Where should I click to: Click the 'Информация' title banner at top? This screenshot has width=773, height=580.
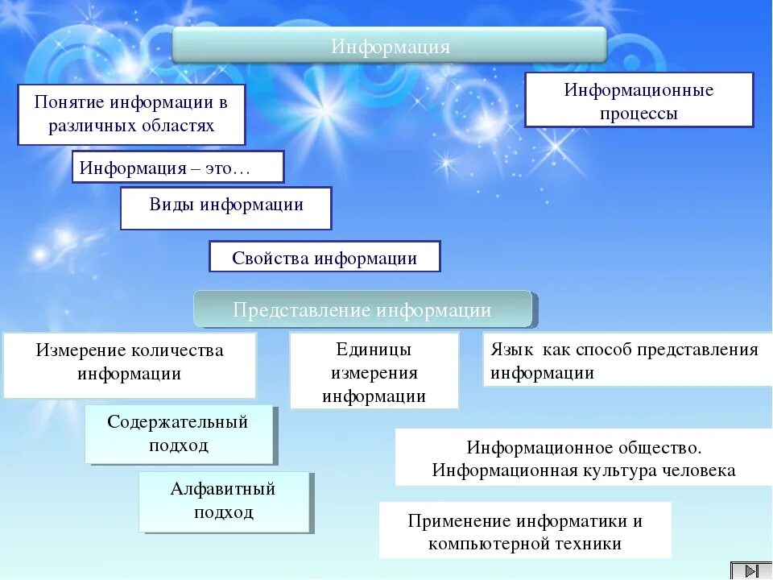coord(390,46)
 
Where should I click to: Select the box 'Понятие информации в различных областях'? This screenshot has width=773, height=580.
coord(131,114)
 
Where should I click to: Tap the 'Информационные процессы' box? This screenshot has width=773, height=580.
coord(639,100)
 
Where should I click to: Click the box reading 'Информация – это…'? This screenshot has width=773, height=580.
coord(178,168)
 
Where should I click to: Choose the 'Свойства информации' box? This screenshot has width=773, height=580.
coord(324,257)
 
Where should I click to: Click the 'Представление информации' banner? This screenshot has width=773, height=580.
coord(362,309)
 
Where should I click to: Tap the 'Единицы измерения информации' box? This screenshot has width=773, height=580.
coord(374,371)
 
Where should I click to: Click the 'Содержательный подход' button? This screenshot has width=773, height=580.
coord(179,434)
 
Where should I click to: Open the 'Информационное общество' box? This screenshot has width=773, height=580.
coord(584,458)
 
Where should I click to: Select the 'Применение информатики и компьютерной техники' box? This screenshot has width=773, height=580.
coord(525,531)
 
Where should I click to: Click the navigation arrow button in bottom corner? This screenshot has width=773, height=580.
coord(750,570)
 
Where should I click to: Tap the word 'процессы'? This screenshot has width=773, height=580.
coord(639,114)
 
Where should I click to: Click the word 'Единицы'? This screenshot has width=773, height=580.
coord(374,350)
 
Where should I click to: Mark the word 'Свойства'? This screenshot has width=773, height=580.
coord(271,258)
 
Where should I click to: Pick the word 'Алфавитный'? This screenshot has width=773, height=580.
coord(223,489)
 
